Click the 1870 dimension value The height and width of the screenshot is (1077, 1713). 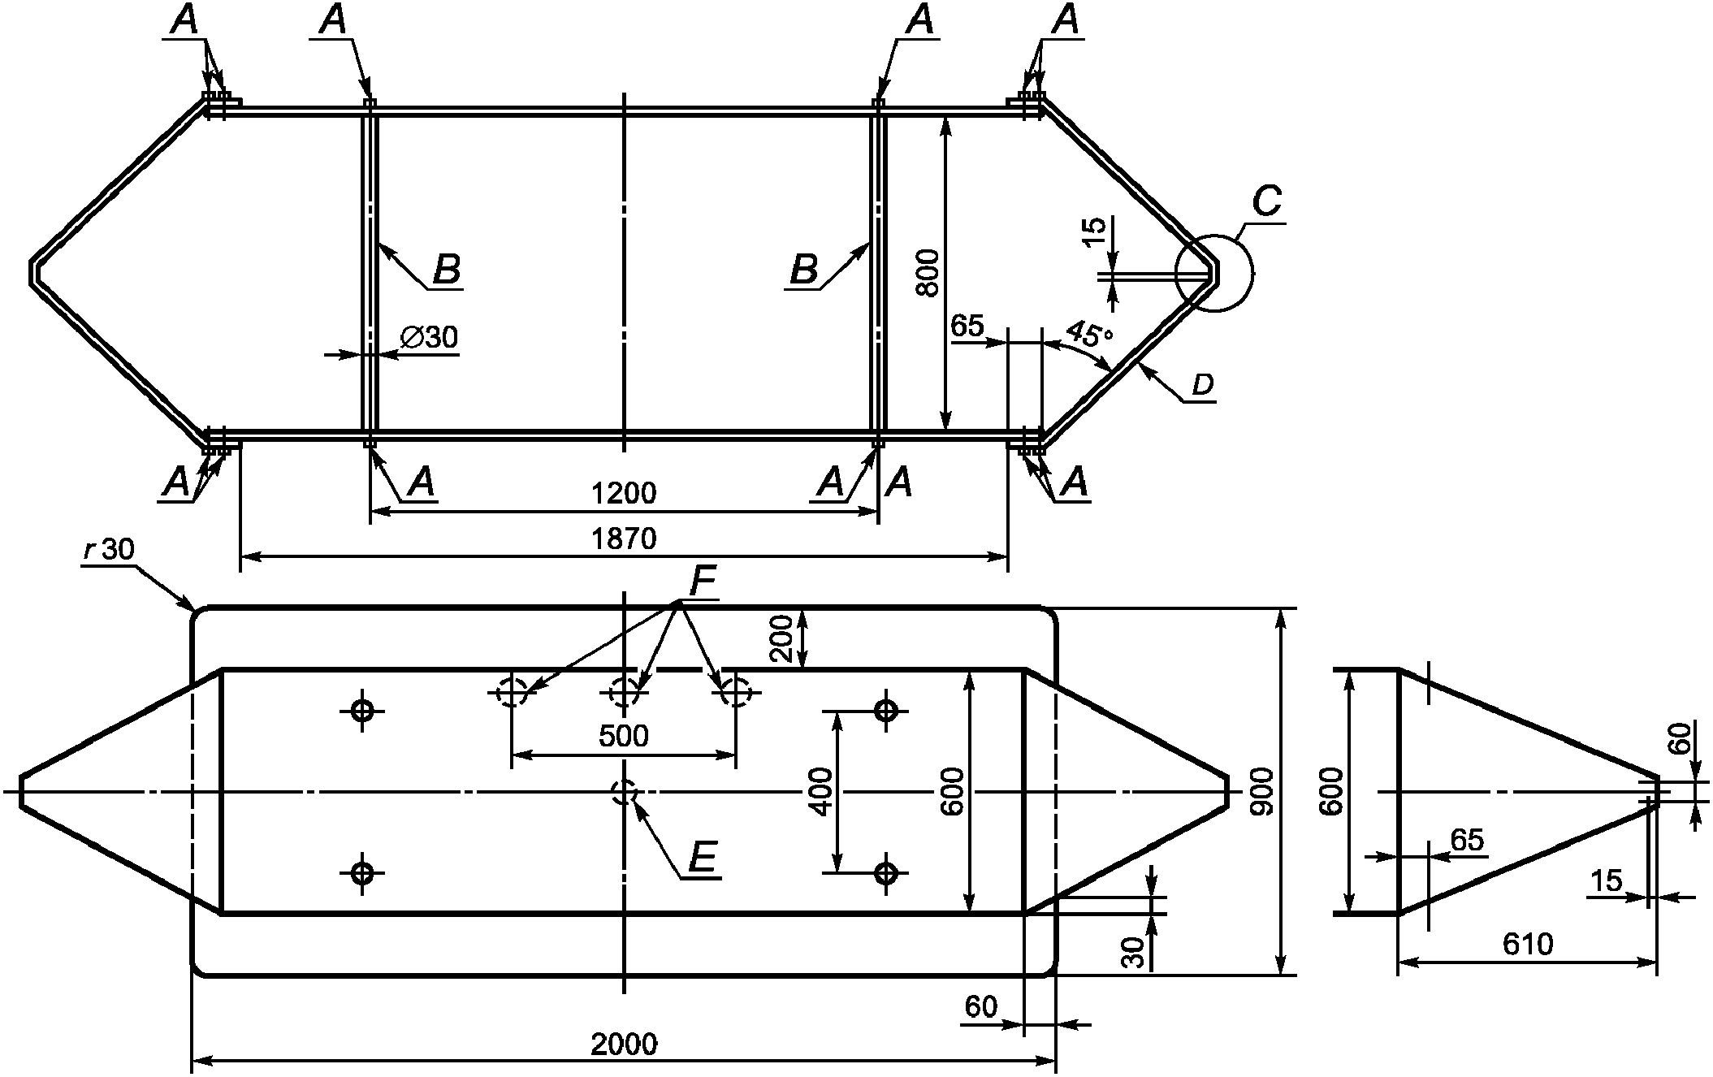point(624,538)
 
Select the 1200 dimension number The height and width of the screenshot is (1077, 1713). point(624,493)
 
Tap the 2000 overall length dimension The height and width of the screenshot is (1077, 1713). point(624,1044)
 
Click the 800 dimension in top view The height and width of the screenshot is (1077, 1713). point(929,273)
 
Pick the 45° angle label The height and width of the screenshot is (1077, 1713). point(1088,334)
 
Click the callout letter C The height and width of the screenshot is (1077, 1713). point(1267,201)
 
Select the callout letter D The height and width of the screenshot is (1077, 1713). point(1202,386)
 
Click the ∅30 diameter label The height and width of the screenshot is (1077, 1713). point(430,337)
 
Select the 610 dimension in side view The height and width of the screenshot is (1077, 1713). point(1527,944)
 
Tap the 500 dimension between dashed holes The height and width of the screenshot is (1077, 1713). point(624,736)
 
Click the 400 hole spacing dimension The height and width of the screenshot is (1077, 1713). point(821,791)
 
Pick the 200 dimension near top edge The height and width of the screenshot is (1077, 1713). point(783,638)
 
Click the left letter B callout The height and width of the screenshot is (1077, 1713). point(447,270)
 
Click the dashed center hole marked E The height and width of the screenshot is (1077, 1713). point(624,791)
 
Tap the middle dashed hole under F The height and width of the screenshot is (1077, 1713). point(624,693)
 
